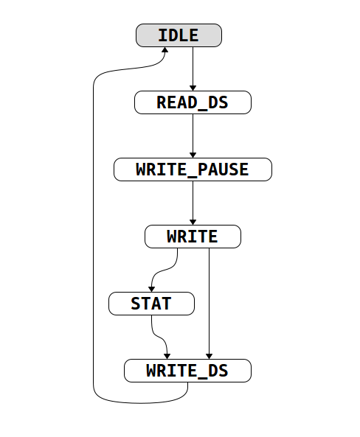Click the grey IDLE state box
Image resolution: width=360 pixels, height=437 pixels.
point(179,35)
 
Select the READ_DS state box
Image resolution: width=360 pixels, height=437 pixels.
point(193,102)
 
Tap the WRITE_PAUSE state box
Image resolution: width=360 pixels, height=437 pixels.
point(193,169)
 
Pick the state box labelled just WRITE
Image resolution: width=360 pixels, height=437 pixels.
point(193,237)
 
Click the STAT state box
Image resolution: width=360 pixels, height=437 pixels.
point(151,303)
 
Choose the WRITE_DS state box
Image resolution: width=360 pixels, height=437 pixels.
point(187,371)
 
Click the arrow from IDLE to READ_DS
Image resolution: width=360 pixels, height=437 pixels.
point(193,69)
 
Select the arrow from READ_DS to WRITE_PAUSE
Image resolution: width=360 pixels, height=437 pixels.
point(193,136)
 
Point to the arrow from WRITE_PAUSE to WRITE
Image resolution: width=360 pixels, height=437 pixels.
point(193,203)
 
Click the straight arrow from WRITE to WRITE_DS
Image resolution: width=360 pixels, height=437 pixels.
point(210,302)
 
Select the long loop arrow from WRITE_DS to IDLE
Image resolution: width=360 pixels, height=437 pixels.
point(94,236)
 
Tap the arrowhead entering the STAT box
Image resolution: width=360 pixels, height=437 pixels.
point(152,288)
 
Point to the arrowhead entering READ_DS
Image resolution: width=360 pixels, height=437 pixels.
point(193,88)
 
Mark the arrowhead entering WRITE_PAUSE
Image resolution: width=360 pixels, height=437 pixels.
point(193,155)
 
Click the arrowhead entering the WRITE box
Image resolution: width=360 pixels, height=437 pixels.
point(193,222)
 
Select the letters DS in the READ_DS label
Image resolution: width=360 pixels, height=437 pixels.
point(218,102)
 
